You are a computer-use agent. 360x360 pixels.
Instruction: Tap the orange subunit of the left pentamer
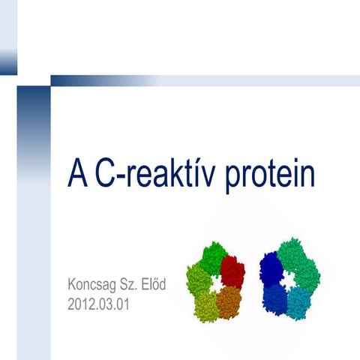[229, 302]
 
